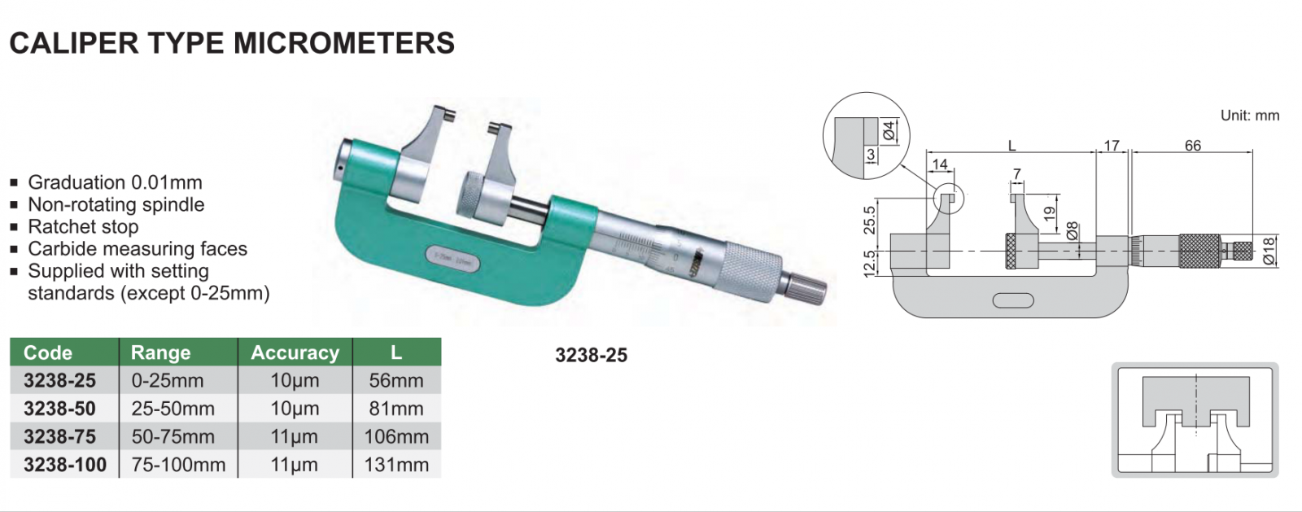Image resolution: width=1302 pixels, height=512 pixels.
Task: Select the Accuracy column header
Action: (295, 352)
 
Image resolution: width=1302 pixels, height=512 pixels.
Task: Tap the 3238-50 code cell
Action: (59, 409)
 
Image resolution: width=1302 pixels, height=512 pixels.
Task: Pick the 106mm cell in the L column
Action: (396, 436)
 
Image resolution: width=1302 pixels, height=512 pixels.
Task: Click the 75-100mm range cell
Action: (178, 464)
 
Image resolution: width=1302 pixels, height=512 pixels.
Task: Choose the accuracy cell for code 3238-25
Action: (295, 381)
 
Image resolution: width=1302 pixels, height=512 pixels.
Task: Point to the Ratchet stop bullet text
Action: (83, 226)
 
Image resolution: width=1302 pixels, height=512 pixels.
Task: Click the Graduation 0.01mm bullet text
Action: (115, 182)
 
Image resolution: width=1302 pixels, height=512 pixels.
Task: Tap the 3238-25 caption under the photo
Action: (591, 355)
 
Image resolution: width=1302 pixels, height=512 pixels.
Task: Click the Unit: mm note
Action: (1250, 115)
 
